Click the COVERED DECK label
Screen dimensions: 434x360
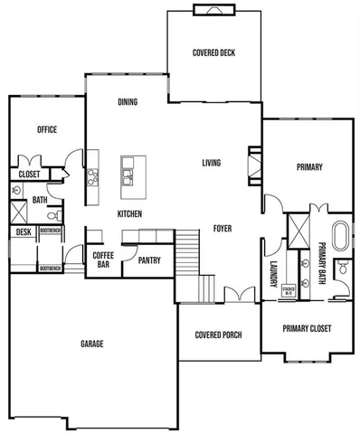[x=214, y=53]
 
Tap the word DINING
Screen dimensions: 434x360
[x=128, y=102]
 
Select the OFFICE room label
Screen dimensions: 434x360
[x=47, y=129]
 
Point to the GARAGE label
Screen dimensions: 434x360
[x=91, y=344]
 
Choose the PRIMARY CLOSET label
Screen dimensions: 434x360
[x=304, y=328]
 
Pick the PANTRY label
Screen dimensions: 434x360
[x=149, y=260]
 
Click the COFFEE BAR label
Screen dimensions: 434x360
[x=102, y=260]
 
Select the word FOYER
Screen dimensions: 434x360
[x=222, y=229]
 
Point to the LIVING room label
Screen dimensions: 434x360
[x=212, y=164]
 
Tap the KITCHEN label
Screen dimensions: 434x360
[x=128, y=213]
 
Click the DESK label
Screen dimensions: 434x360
[x=23, y=232]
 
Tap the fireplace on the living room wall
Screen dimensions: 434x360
[x=253, y=165]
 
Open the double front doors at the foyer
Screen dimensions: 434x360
[x=239, y=295]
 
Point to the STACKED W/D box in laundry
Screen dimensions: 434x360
[x=289, y=291]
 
